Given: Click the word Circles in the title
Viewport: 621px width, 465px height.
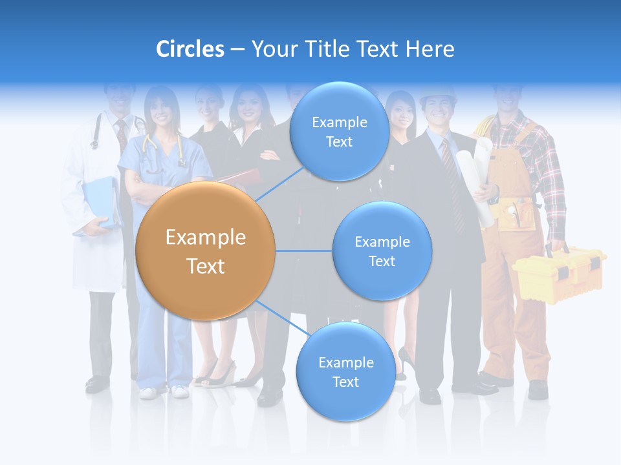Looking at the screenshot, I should [x=190, y=49].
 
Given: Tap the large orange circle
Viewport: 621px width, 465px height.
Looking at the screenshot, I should [x=206, y=251].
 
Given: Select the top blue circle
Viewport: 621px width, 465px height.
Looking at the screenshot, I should [x=338, y=132].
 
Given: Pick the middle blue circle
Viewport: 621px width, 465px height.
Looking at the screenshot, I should [x=382, y=251].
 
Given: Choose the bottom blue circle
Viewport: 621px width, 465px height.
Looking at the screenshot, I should [x=345, y=372].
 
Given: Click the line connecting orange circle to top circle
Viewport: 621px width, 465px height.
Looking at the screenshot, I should [x=279, y=184].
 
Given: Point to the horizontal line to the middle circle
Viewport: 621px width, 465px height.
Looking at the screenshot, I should [x=303, y=251].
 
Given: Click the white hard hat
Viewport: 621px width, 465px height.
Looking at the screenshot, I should [x=437, y=97].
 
